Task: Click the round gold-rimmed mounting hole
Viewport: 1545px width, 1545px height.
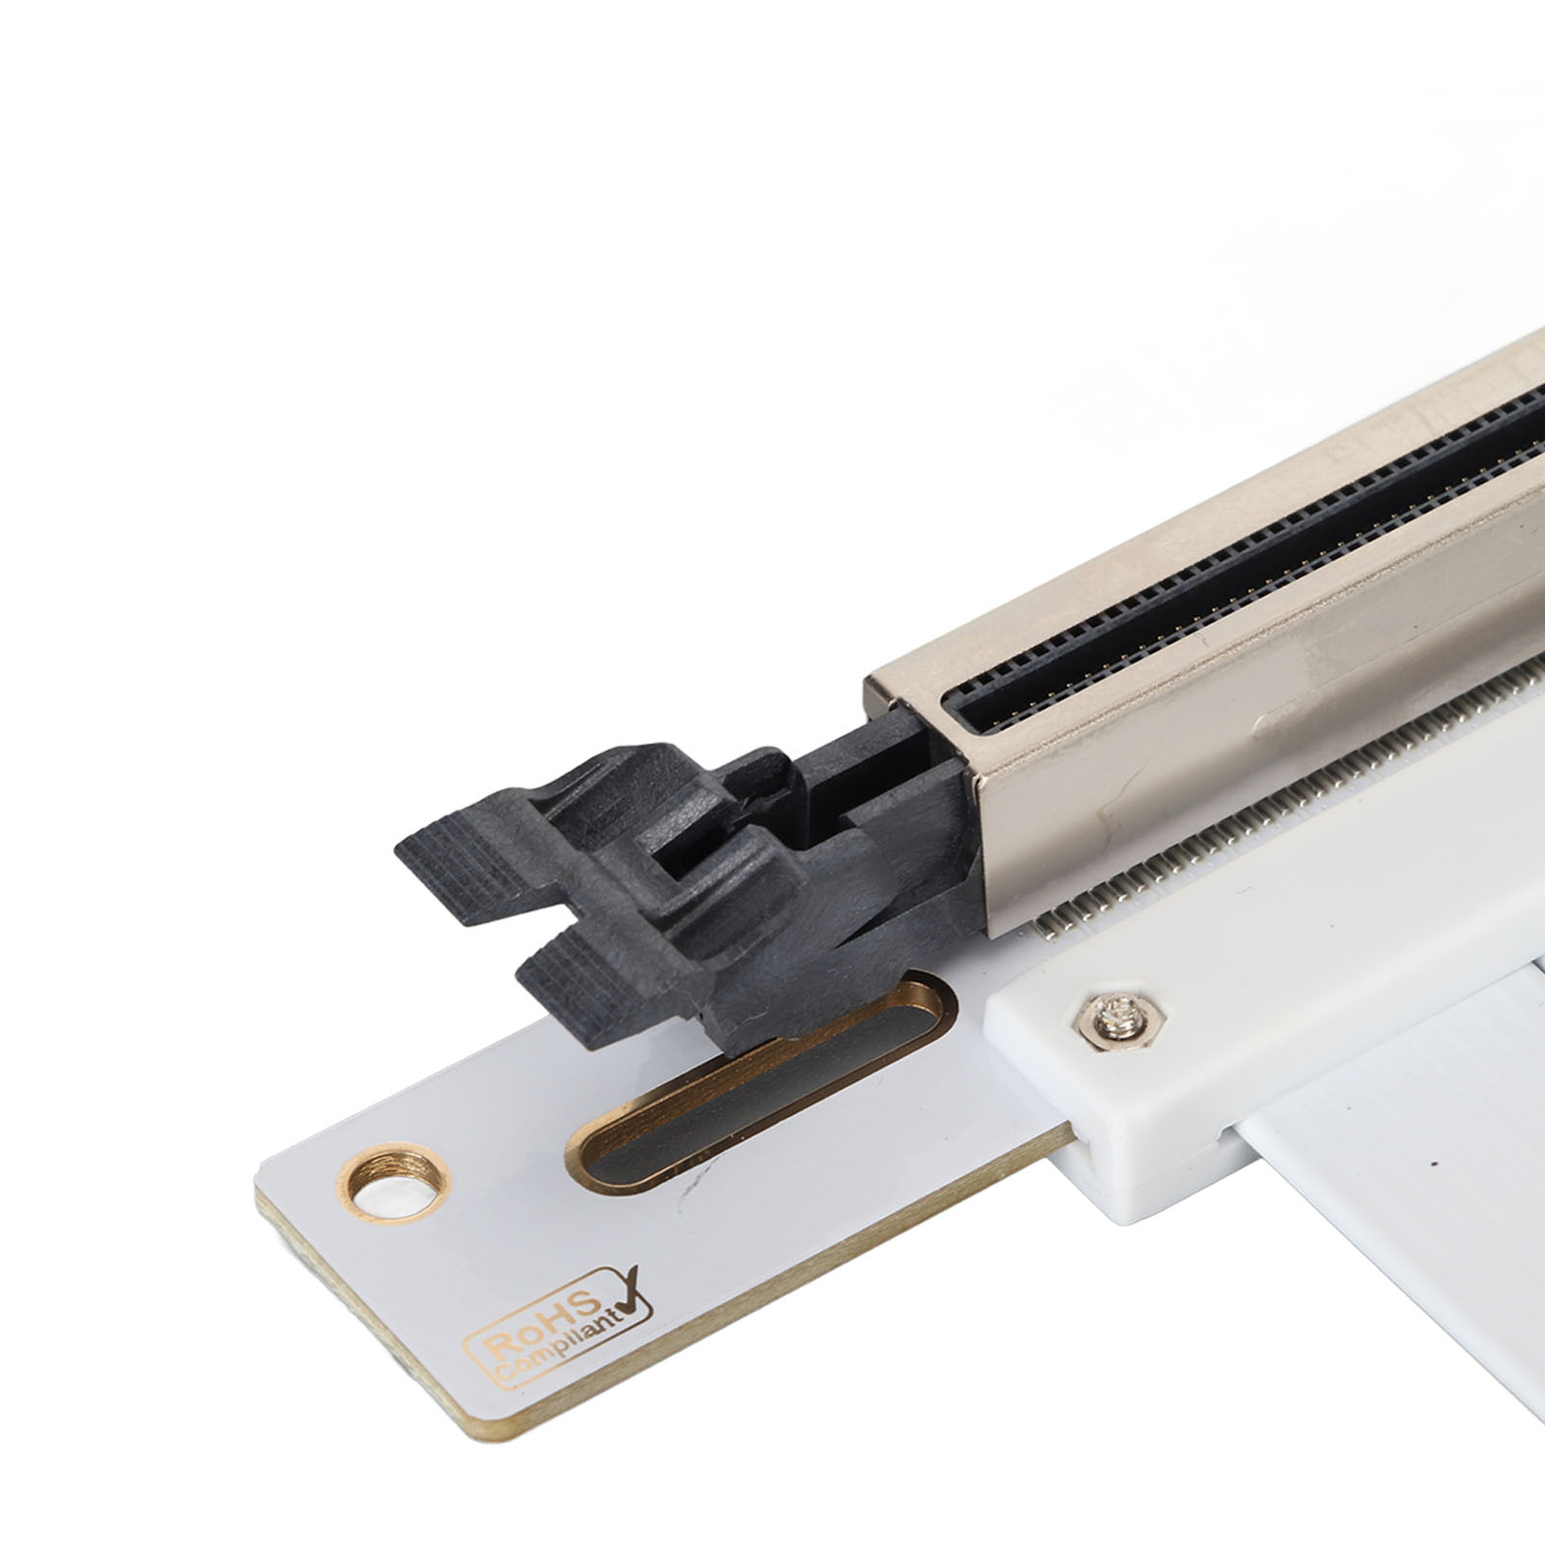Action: (393, 1183)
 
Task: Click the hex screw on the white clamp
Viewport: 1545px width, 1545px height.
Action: (1122, 1016)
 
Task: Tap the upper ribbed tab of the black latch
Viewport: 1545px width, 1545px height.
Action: (463, 868)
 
